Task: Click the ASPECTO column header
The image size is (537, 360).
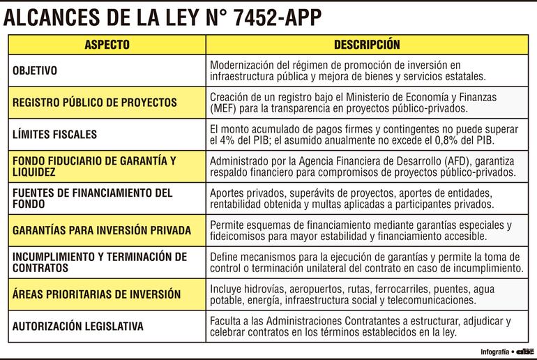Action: point(107,45)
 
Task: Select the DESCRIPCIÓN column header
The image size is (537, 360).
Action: point(367,45)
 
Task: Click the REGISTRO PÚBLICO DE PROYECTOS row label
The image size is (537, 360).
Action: point(95,102)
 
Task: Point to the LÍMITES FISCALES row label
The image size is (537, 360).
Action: point(54,134)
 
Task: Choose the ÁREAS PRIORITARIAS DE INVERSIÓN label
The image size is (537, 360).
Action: point(97,294)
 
